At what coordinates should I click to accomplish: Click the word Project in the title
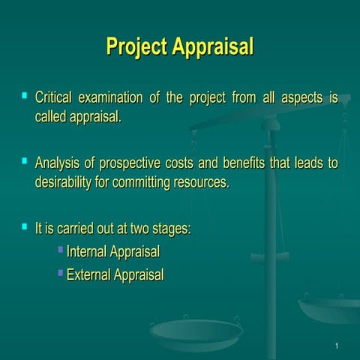pos(137,46)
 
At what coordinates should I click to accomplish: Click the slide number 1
pos(338,345)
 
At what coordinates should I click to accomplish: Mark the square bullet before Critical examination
pos(25,96)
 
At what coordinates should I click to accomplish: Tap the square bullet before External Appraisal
pos(61,272)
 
